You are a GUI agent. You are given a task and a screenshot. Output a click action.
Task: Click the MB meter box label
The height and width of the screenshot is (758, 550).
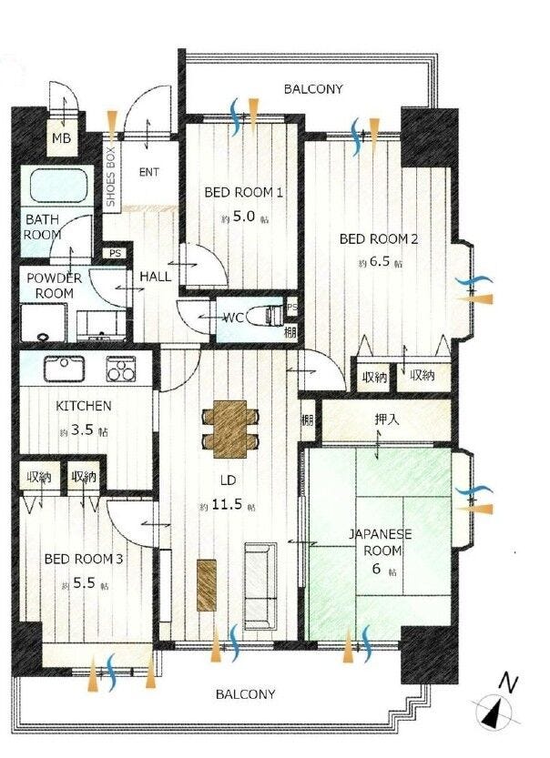(61, 138)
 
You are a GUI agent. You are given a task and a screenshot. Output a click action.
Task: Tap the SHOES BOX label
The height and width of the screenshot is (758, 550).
(111, 177)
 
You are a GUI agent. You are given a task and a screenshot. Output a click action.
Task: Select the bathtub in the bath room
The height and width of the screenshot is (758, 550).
(58, 187)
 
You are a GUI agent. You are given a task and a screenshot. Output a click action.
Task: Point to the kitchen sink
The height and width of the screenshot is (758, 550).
(65, 369)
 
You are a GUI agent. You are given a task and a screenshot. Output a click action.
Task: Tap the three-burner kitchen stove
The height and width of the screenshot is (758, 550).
(121, 369)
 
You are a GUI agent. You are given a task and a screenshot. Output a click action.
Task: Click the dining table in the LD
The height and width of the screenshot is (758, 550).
(229, 429)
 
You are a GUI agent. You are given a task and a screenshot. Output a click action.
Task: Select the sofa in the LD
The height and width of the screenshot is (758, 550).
(260, 585)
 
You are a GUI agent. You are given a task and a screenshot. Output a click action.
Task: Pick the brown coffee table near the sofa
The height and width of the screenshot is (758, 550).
(207, 585)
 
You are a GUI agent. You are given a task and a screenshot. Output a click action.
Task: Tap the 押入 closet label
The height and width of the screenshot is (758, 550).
(387, 419)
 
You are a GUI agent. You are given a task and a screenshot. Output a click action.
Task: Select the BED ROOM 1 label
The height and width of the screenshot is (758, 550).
(243, 192)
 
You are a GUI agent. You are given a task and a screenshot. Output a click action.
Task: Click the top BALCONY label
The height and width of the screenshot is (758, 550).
(313, 89)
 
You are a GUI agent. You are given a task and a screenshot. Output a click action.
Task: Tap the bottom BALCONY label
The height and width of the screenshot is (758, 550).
(245, 694)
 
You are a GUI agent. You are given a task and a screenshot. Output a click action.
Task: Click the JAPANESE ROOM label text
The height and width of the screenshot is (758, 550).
(382, 542)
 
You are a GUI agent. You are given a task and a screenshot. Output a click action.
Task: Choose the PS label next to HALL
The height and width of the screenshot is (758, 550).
(115, 253)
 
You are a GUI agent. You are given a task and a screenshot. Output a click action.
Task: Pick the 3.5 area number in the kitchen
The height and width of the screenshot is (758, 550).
(82, 430)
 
